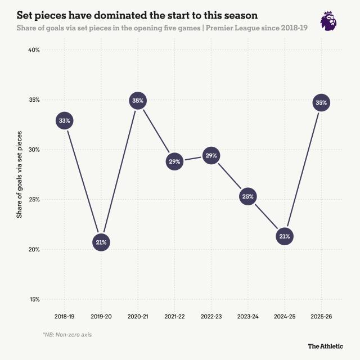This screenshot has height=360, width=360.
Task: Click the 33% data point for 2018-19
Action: [x=64, y=120]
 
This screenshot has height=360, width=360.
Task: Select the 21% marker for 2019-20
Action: [x=101, y=242]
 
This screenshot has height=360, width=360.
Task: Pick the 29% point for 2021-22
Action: [x=174, y=162]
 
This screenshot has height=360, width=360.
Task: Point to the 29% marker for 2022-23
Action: [x=211, y=155]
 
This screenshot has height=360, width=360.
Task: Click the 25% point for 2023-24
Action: [x=248, y=196]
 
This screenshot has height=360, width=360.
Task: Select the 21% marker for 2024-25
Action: [x=285, y=236]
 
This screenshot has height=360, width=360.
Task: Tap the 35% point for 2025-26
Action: [x=321, y=103]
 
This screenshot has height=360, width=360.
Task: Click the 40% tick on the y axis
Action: [x=34, y=50]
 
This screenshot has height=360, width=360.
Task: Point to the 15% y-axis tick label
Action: [x=34, y=300]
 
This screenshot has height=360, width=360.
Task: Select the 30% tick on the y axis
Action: [x=34, y=150]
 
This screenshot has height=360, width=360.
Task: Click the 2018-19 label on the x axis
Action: [x=64, y=317]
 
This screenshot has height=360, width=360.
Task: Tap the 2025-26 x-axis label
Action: [x=321, y=317]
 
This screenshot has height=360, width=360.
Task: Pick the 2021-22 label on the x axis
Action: [x=174, y=317]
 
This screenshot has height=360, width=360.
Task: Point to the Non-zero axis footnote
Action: [x=67, y=335]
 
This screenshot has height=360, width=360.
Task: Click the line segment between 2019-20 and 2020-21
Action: [x=119, y=172]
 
